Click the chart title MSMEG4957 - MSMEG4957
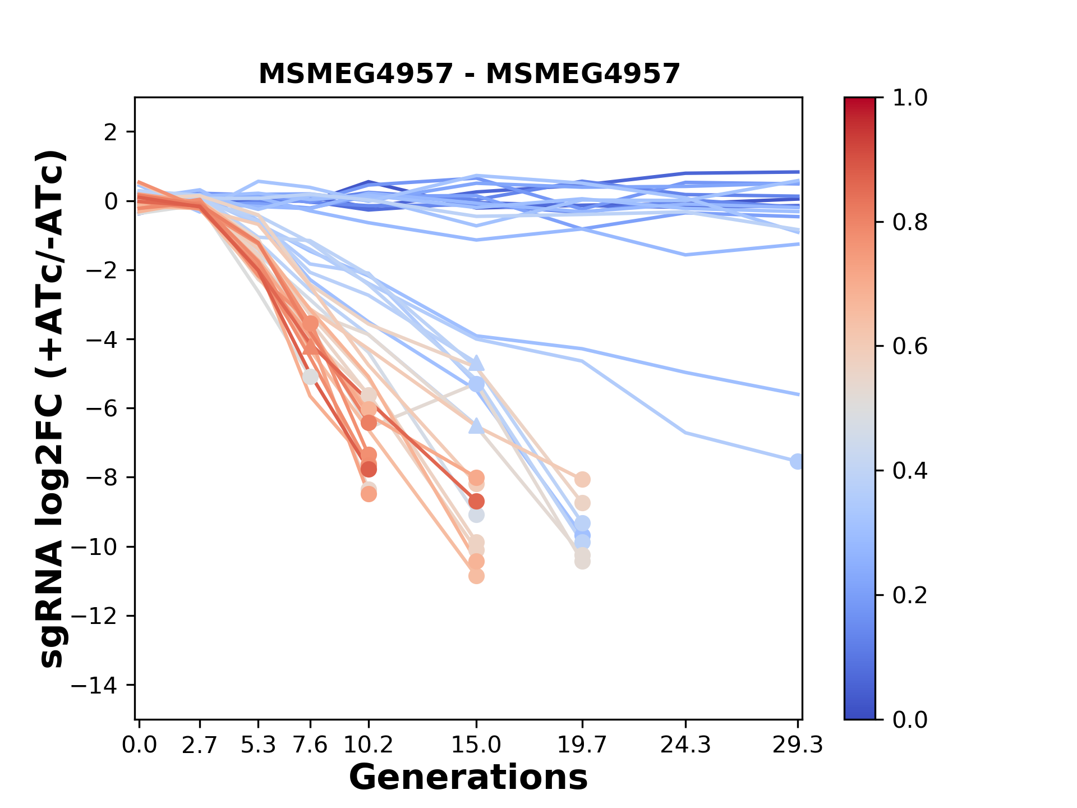[x=469, y=74]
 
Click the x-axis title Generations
[x=468, y=778]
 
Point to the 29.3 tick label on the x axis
[x=798, y=745]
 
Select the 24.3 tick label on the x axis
[x=685, y=745]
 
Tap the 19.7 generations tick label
[x=582, y=745]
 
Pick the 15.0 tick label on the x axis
[x=476, y=745]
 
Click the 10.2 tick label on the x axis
[x=368, y=745]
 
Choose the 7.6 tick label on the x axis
[x=310, y=745]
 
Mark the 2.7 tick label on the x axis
[x=200, y=745]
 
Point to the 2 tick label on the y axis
[x=112, y=132]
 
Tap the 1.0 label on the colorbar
[x=910, y=98]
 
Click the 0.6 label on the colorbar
[x=910, y=347]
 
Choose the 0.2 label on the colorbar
[x=910, y=595]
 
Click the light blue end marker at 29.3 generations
[x=797, y=461]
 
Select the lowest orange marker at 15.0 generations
[x=476, y=576]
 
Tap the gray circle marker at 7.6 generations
[x=310, y=377]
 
